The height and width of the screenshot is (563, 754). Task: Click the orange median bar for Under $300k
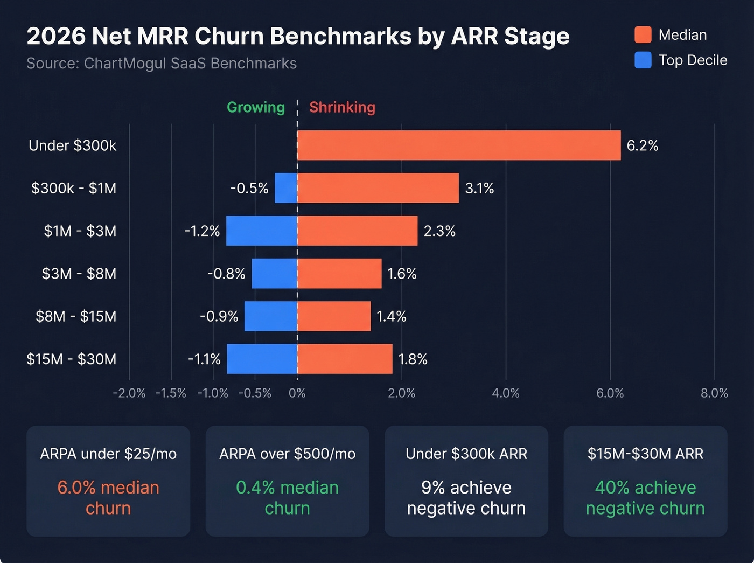point(459,145)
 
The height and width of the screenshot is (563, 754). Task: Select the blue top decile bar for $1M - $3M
point(262,231)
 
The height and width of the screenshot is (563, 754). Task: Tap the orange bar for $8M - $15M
point(334,316)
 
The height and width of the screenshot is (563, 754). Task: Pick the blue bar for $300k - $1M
point(286,188)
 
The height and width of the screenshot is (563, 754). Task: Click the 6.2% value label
point(642,145)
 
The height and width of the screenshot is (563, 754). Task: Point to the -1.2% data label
point(202,231)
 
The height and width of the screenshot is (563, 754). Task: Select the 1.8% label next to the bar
point(413,359)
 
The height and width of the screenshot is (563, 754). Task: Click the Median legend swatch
point(643,35)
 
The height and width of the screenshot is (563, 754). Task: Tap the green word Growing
point(256,107)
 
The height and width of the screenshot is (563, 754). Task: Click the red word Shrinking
point(342,107)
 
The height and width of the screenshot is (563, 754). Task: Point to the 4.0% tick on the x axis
point(506,393)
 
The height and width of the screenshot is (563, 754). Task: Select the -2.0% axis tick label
point(129,393)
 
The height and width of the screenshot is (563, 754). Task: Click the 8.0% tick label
point(714,393)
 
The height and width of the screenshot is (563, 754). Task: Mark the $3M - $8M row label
point(79,274)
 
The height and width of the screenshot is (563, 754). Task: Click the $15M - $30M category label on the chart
point(72,359)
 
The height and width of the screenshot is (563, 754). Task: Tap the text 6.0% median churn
point(108,498)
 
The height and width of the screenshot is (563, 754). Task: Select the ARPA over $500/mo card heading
point(287,454)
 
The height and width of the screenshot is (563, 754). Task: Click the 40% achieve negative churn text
point(645,498)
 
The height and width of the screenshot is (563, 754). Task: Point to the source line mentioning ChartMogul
point(162,64)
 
